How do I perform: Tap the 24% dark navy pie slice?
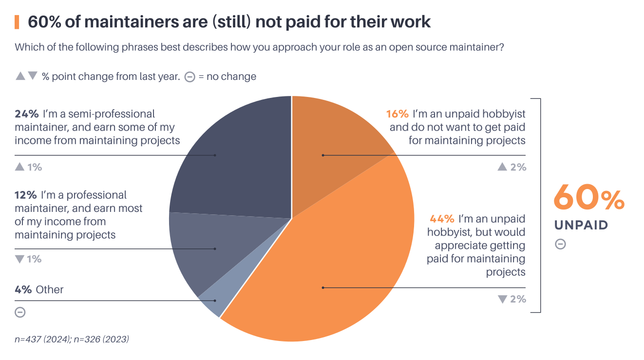click(x=234, y=156)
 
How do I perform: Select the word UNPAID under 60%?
click(x=581, y=225)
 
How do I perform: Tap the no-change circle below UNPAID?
click(x=560, y=244)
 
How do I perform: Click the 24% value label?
click(x=26, y=114)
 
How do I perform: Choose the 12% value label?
click(x=26, y=195)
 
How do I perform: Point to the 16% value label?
click(x=397, y=114)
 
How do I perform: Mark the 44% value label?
click(x=441, y=219)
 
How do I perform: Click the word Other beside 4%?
click(x=50, y=289)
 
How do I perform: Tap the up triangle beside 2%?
click(x=502, y=167)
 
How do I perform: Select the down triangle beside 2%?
click(x=502, y=299)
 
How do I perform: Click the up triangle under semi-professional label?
click(x=19, y=167)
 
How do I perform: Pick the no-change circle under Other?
click(x=20, y=312)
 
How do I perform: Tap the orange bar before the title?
click(x=17, y=22)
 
